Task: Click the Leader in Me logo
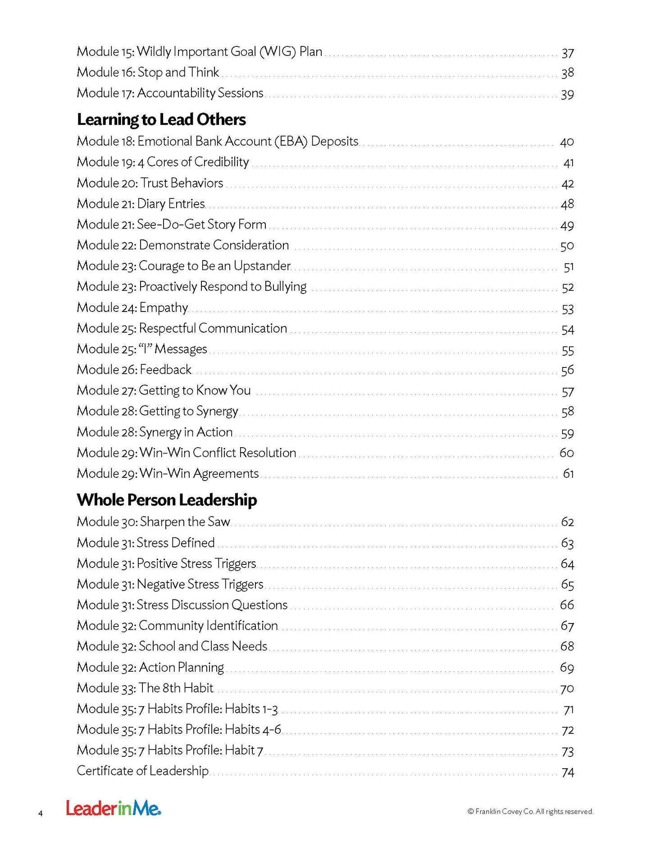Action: coord(114,808)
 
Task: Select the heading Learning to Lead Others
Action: coord(161,119)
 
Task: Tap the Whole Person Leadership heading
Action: coord(167,500)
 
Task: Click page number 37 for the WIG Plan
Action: coord(568,53)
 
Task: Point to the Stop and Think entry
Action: coord(148,72)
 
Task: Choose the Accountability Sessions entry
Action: coord(170,93)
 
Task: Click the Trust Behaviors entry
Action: coord(150,183)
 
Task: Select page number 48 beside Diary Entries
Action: coord(567,204)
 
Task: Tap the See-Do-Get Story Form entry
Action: coord(171,224)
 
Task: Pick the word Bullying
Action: coord(285,287)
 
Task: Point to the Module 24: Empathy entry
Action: coord(132,307)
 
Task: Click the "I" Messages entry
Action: coord(142,349)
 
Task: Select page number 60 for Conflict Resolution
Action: coord(566,453)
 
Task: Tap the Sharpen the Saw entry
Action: coord(153,522)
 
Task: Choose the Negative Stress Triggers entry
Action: coord(170,584)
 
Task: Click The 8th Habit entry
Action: coord(145,688)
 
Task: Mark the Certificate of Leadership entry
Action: coord(142,771)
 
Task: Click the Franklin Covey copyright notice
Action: coord(530,811)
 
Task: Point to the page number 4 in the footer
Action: coord(41,814)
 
